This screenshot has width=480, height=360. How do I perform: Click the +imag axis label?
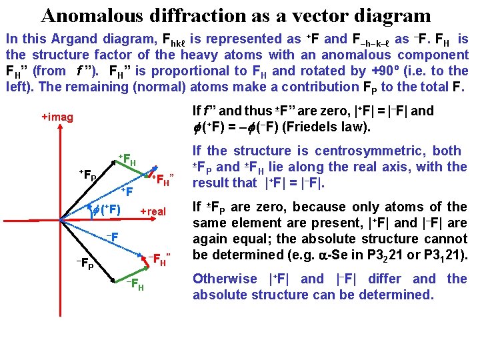tap(57, 117)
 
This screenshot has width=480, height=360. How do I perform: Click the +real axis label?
tap(153, 212)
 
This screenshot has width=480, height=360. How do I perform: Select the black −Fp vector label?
tap(83, 263)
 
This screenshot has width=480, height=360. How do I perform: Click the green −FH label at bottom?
tap(136, 285)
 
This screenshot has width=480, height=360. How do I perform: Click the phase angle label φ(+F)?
tap(105, 212)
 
